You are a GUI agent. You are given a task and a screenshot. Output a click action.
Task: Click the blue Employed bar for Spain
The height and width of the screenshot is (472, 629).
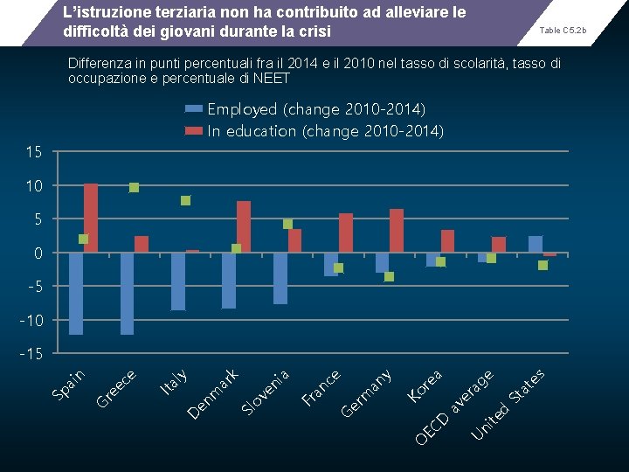[76, 293]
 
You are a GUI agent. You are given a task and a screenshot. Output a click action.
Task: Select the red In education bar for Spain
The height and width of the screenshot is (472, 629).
[91, 218]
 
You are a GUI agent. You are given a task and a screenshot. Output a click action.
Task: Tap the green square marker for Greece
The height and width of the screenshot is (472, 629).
[134, 187]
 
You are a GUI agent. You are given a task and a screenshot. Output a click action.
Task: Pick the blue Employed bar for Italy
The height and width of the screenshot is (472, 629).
[178, 281]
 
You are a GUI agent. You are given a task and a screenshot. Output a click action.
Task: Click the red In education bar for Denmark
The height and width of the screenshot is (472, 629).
[244, 226]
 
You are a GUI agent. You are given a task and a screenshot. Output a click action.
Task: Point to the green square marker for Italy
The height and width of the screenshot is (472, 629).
[185, 200]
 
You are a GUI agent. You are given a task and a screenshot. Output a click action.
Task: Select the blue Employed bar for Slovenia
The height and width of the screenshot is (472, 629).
[280, 278]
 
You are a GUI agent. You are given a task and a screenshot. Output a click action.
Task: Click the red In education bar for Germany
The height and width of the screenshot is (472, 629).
[397, 231]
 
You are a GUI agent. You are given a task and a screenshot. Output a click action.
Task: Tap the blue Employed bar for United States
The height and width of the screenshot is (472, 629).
[536, 244]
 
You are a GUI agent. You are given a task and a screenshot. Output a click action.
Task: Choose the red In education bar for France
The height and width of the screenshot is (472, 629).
[346, 233]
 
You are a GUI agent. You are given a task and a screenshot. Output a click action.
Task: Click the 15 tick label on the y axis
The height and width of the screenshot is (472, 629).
[33, 153]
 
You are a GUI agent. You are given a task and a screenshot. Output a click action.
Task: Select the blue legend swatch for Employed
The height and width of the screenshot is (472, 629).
[193, 109]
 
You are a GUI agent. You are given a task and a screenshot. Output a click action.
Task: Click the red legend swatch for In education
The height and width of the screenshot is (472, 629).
[193, 131]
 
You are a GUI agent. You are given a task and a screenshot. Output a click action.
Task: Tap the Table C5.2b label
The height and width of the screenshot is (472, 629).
[563, 31]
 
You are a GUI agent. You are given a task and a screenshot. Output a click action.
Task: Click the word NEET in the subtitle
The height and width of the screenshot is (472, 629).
[271, 79]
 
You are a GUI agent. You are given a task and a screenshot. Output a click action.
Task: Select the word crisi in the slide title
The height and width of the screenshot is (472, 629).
[314, 32]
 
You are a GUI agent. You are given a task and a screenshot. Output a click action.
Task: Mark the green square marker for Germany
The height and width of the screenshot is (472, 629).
[390, 276]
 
